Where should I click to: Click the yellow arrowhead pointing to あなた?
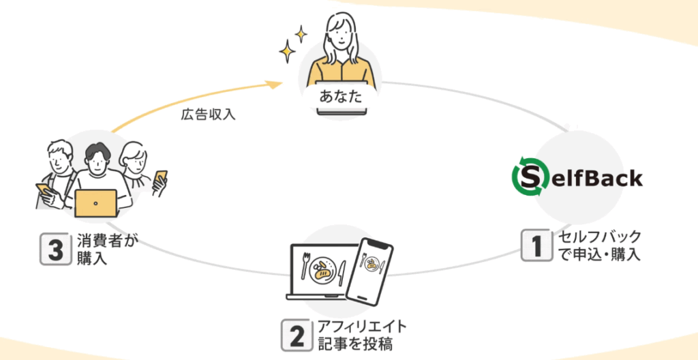tap(274, 85)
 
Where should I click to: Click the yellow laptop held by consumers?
tap(96, 203)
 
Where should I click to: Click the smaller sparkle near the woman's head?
tap(301, 33)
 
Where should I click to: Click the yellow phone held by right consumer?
tap(161, 177)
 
